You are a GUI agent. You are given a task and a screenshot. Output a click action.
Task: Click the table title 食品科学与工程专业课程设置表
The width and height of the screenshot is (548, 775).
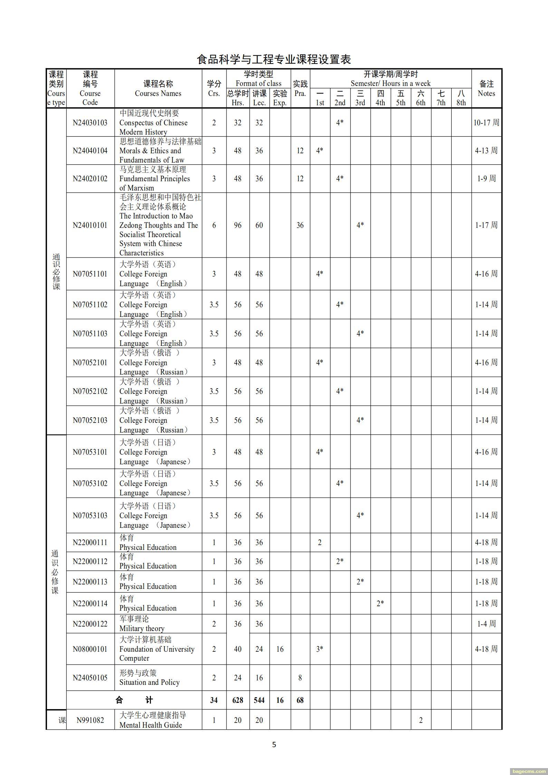[x=274, y=59]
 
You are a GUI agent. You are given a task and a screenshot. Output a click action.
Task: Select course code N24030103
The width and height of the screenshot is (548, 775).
[x=90, y=123]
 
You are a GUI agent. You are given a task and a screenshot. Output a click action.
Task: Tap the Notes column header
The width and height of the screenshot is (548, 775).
[x=486, y=88]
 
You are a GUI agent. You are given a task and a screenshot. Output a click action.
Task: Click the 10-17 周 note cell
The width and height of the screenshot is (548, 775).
[x=486, y=123]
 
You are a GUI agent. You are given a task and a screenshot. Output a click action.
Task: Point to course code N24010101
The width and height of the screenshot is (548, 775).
[x=90, y=225]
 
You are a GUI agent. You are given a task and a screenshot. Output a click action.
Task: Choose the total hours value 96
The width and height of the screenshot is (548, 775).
[x=238, y=225]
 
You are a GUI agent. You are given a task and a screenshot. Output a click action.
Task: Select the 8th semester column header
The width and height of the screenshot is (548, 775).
[x=461, y=98]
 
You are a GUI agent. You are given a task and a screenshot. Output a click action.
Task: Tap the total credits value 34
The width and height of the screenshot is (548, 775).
[x=214, y=700]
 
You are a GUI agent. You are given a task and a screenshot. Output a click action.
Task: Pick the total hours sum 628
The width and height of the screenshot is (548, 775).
[x=238, y=700]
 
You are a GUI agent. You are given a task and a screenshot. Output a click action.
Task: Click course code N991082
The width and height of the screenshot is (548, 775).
[x=90, y=720]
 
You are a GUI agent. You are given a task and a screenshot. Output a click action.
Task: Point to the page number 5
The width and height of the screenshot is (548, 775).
[x=274, y=744]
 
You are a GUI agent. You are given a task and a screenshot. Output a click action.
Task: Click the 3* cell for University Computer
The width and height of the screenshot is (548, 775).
[x=320, y=649]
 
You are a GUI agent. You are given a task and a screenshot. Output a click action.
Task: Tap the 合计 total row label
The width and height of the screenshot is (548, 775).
[x=134, y=700]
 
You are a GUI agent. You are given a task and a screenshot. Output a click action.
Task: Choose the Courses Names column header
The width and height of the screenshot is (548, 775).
[x=158, y=88]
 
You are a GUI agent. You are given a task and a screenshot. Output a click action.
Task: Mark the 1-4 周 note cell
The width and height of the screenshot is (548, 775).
[x=486, y=624]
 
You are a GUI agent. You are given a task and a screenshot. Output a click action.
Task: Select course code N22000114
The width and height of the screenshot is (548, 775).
[x=90, y=603]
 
